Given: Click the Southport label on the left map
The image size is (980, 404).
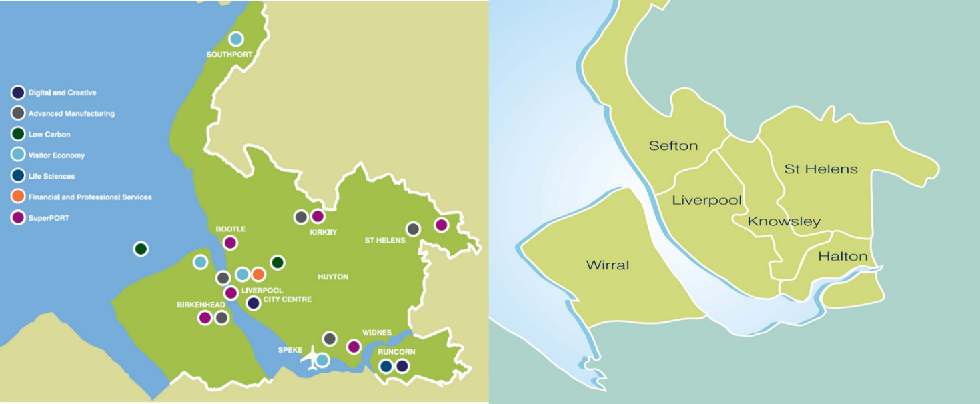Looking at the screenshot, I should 229,55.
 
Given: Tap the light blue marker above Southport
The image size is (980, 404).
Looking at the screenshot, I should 235,39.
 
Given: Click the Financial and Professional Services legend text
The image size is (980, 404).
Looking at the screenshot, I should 90,197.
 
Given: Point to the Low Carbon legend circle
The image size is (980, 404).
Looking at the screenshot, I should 18,135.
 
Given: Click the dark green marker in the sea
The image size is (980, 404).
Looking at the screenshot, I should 141,249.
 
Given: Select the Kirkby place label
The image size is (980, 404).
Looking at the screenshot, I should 324,233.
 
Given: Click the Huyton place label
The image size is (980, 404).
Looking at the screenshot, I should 333,277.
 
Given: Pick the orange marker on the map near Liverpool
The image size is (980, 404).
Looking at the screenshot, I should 259,274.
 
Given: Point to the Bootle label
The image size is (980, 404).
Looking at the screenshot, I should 231,229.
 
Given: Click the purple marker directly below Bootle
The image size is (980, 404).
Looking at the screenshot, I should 230,243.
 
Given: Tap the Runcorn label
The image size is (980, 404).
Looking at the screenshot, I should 396,352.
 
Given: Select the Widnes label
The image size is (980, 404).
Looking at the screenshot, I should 377,333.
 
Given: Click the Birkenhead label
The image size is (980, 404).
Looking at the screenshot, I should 201,305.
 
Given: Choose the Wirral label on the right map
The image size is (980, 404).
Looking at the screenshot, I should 608,265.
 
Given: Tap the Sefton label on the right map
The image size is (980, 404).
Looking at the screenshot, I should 673,146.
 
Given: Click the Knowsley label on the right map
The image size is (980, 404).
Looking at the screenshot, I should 784,222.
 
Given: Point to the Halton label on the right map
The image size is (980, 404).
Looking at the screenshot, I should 843,257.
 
